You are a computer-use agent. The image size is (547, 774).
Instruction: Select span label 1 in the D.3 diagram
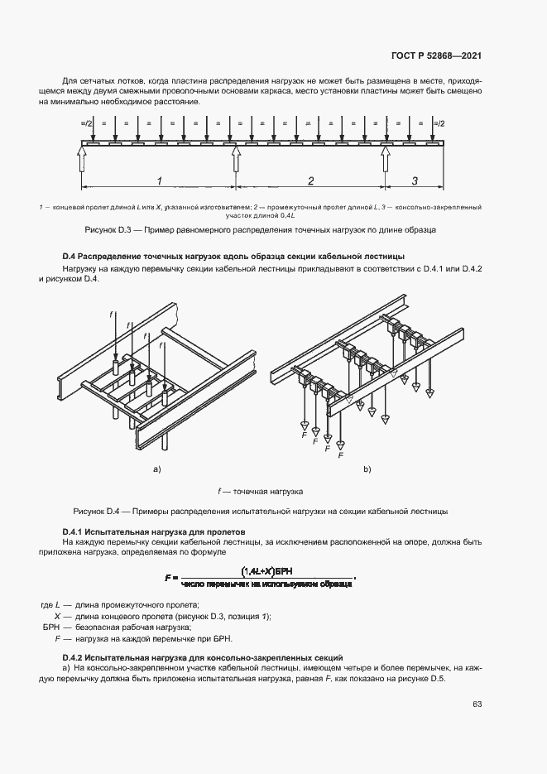(x=158, y=180)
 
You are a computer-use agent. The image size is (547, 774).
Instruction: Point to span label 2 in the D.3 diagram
(x=310, y=180)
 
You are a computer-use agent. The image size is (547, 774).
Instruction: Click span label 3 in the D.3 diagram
(x=414, y=180)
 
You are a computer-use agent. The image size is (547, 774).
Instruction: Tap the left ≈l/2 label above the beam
(x=85, y=123)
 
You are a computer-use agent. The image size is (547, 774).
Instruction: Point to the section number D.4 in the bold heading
(x=70, y=256)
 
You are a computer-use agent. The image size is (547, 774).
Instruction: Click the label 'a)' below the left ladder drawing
(x=155, y=469)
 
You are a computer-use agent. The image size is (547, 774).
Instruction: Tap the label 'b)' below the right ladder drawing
(x=367, y=469)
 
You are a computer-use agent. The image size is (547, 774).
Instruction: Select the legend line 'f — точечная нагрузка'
(x=261, y=490)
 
